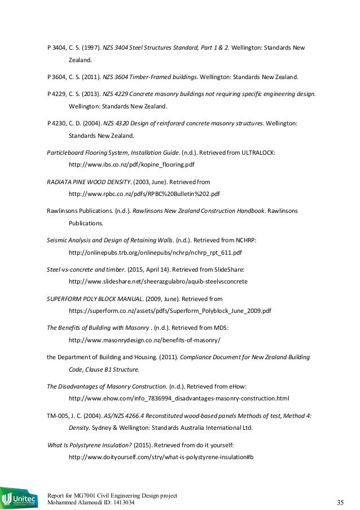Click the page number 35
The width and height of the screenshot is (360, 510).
point(340,502)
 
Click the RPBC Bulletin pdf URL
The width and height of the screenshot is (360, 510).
point(144,193)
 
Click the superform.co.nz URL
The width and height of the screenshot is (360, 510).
point(170,311)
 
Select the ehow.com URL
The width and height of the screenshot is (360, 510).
point(178,399)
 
